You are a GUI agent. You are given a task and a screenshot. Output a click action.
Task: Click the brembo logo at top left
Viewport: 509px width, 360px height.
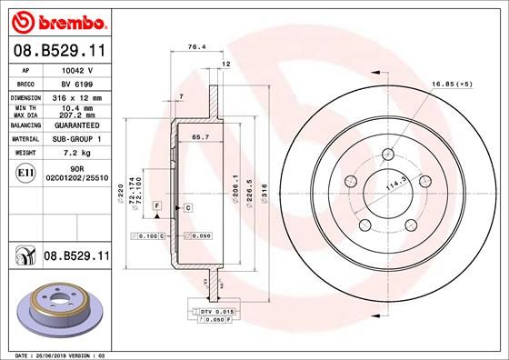pos(57,20)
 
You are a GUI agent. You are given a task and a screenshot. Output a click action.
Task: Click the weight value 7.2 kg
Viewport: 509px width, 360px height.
pos(75,154)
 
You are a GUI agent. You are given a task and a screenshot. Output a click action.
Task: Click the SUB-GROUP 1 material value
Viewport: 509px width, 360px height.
pos(75,139)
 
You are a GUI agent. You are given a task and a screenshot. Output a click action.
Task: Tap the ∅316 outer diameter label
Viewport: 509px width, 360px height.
pos(264,194)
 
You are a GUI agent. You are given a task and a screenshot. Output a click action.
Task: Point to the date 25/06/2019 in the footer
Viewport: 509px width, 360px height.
pos(55,354)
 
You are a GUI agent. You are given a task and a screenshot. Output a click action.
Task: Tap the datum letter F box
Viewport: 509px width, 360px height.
pos(156,208)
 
